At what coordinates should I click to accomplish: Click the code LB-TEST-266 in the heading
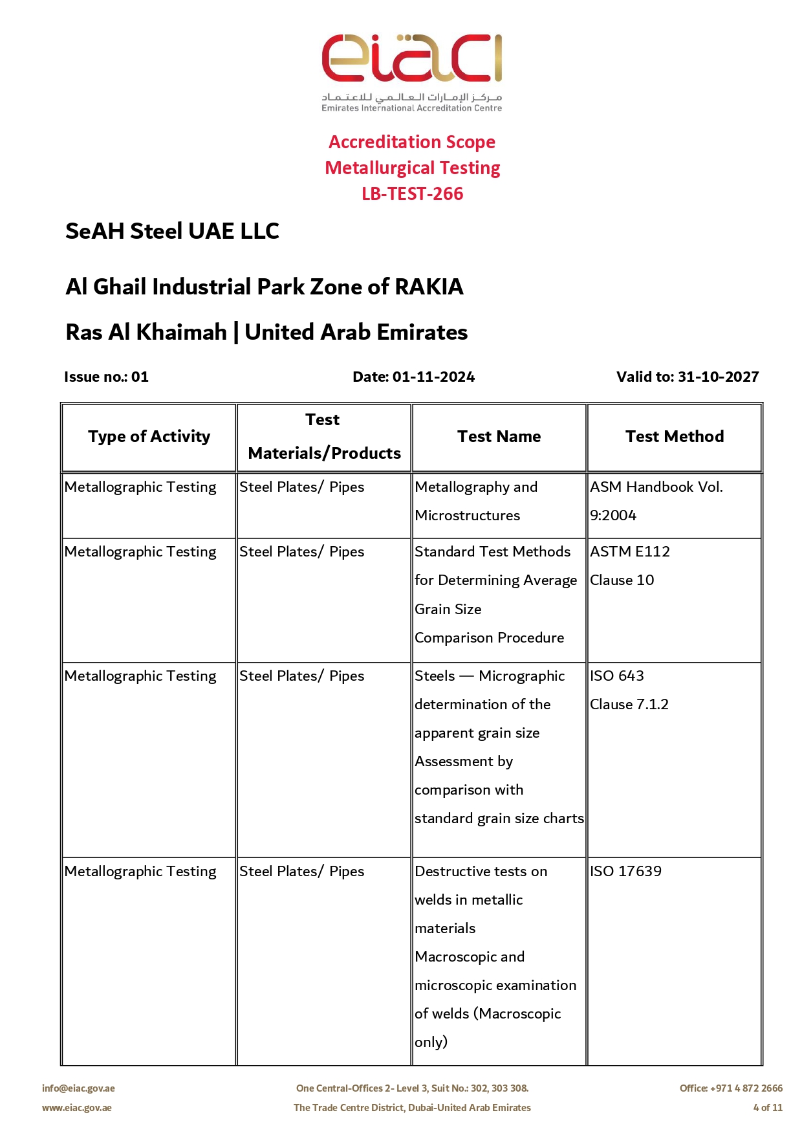click(x=412, y=193)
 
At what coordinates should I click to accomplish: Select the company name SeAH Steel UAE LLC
click(x=172, y=231)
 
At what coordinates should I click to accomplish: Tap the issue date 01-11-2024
click(x=433, y=377)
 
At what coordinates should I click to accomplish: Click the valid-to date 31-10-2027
click(x=718, y=377)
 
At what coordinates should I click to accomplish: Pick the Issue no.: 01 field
click(x=107, y=377)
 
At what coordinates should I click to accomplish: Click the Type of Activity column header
click(x=149, y=437)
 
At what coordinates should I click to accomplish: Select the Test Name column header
click(x=499, y=437)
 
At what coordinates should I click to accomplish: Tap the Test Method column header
click(x=674, y=437)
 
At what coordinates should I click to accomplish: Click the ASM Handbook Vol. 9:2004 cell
click(x=656, y=500)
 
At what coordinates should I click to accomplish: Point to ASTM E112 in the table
click(x=629, y=551)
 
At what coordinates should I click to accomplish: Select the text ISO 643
click(x=616, y=676)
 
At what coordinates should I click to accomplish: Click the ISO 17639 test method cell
click(x=625, y=871)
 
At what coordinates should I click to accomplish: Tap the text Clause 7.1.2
click(x=629, y=704)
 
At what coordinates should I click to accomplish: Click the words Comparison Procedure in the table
click(x=489, y=637)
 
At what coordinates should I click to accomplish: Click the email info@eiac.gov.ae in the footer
click(x=78, y=1088)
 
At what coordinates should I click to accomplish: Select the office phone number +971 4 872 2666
click(x=746, y=1088)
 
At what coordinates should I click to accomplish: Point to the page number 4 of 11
click(x=767, y=1108)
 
